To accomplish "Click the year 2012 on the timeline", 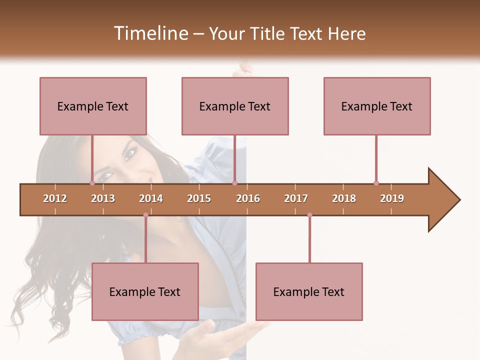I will (55, 198).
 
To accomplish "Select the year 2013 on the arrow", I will (103, 198).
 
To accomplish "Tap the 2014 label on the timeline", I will (151, 198).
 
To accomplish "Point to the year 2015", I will (199, 198).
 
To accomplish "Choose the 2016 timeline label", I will (248, 198).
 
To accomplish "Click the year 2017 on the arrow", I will (296, 198).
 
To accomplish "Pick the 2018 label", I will (344, 198).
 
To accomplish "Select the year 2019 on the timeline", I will (392, 198).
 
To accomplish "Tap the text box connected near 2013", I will (93, 106).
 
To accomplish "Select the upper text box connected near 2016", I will (235, 106).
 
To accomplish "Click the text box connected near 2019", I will (377, 106).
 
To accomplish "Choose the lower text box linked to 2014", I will (145, 291).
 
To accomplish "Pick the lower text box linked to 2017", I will (309, 291).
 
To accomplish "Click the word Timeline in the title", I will (150, 33).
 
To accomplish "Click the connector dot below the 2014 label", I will (145, 215).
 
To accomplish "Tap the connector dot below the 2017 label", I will (309, 215).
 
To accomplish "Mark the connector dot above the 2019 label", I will (376, 183).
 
